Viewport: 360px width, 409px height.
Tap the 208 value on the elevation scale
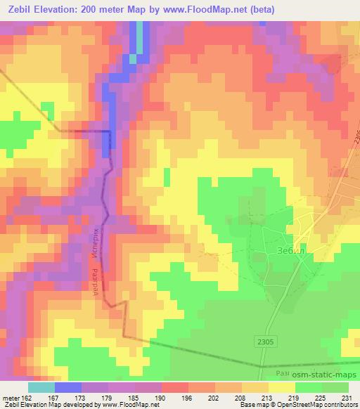241,396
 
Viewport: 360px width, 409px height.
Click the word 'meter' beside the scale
8,396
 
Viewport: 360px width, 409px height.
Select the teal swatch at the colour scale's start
41,387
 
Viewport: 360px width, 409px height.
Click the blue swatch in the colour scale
68,387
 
